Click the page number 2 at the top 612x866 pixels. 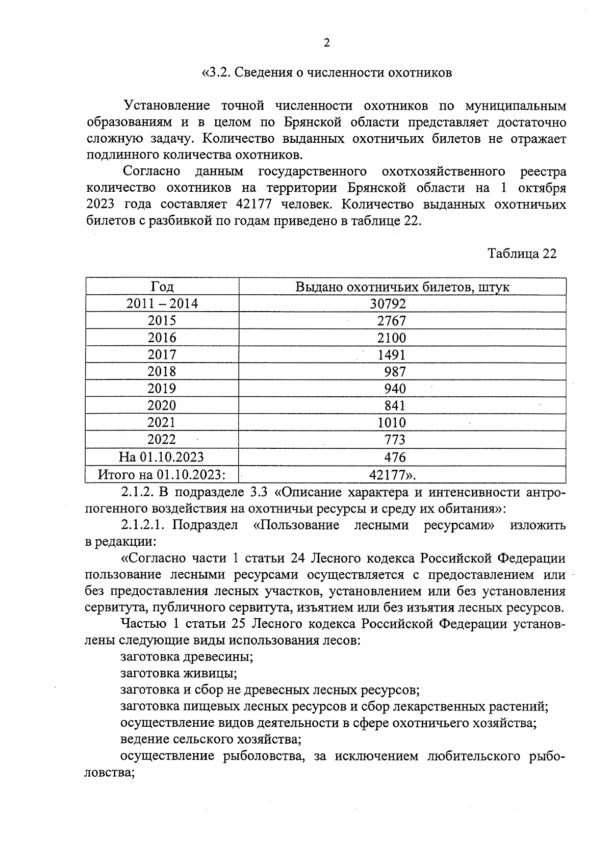tap(326, 43)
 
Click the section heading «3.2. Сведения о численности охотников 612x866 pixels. tap(326, 73)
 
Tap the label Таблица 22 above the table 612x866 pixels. tap(521, 253)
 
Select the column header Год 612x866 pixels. tap(162, 287)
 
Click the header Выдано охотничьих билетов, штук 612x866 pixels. tap(402, 287)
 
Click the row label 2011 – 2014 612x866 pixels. tap(162, 304)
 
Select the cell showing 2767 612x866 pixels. tap(391, 321)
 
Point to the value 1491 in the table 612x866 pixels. tap(391, 354)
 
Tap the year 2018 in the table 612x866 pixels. tap(162, 371)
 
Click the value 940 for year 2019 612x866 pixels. tap(395, 389)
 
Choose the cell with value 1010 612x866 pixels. tap(391, 422)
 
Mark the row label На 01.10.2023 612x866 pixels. tap(162, 456)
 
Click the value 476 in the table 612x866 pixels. tap(395, 456)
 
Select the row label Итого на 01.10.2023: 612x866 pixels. tap(162, 475)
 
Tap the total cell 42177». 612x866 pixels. tap(392, 475)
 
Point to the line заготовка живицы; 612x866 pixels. tap(178, 673)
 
